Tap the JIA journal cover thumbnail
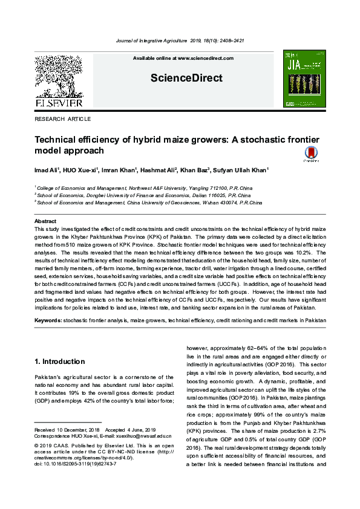(x=304, y=79)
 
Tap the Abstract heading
(x=45, y=222)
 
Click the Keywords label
(x=48, y=319)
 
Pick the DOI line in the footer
(x=75, y=464)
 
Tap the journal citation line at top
(x=180, y=41)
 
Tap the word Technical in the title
(x=59, y=140)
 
